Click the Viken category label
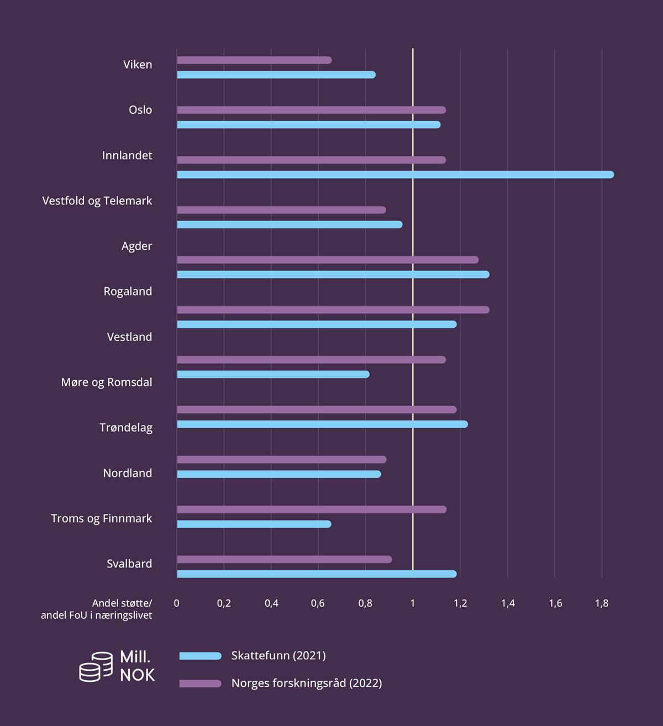(x=138, y=65)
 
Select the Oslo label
(x=140, y=110)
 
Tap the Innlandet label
(x=127, y=155)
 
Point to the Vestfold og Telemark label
(x=97, y=201)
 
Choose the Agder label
(x=136, y=246)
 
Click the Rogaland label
(x=128, y=291)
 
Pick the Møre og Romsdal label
(x=107, y=382)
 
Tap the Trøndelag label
(x=126, y=427)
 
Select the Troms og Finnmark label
(x=102, y=518)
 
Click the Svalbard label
(x=129, y=564)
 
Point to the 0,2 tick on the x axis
(x=224, y=603)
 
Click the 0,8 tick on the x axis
(x=365, y=603)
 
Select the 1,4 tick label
(x=508, y=603)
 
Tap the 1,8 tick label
(x=602, y=603)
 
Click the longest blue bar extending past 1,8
(x=395, y=175)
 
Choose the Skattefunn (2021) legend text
(x=278, y=656)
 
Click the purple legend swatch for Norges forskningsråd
(x=200, y=683)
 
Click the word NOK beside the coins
(x=137, y=675)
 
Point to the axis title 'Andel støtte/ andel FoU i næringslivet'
(x=97, y=609)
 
